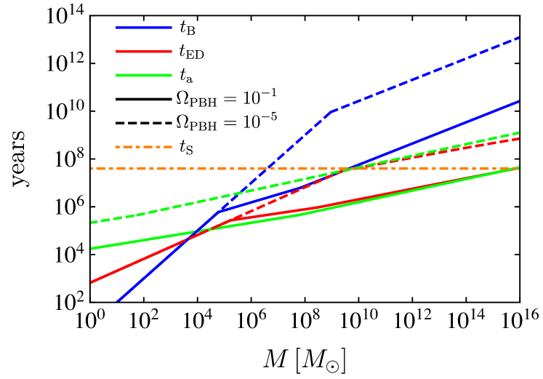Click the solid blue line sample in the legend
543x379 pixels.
[144, 28]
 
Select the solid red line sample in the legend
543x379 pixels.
[144, 52]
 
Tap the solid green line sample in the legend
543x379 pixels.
[144, 75]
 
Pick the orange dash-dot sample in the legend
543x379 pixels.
[144, 147]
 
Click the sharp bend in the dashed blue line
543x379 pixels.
[331, 111]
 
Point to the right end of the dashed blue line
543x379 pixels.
[518, 37]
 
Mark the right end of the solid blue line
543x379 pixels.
[518, 101]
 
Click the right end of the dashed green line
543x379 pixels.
[518, 133]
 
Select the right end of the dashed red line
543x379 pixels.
[518, 138]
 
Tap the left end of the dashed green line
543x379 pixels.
[92, 222]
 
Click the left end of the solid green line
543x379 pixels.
[92, 248]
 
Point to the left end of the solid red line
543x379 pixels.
[92, 282]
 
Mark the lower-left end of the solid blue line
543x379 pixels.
[118, 300]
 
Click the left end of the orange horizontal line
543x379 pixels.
[92, 168]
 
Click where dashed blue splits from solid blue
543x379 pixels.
[220, 211]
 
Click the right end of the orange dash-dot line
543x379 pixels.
[518, 168]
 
